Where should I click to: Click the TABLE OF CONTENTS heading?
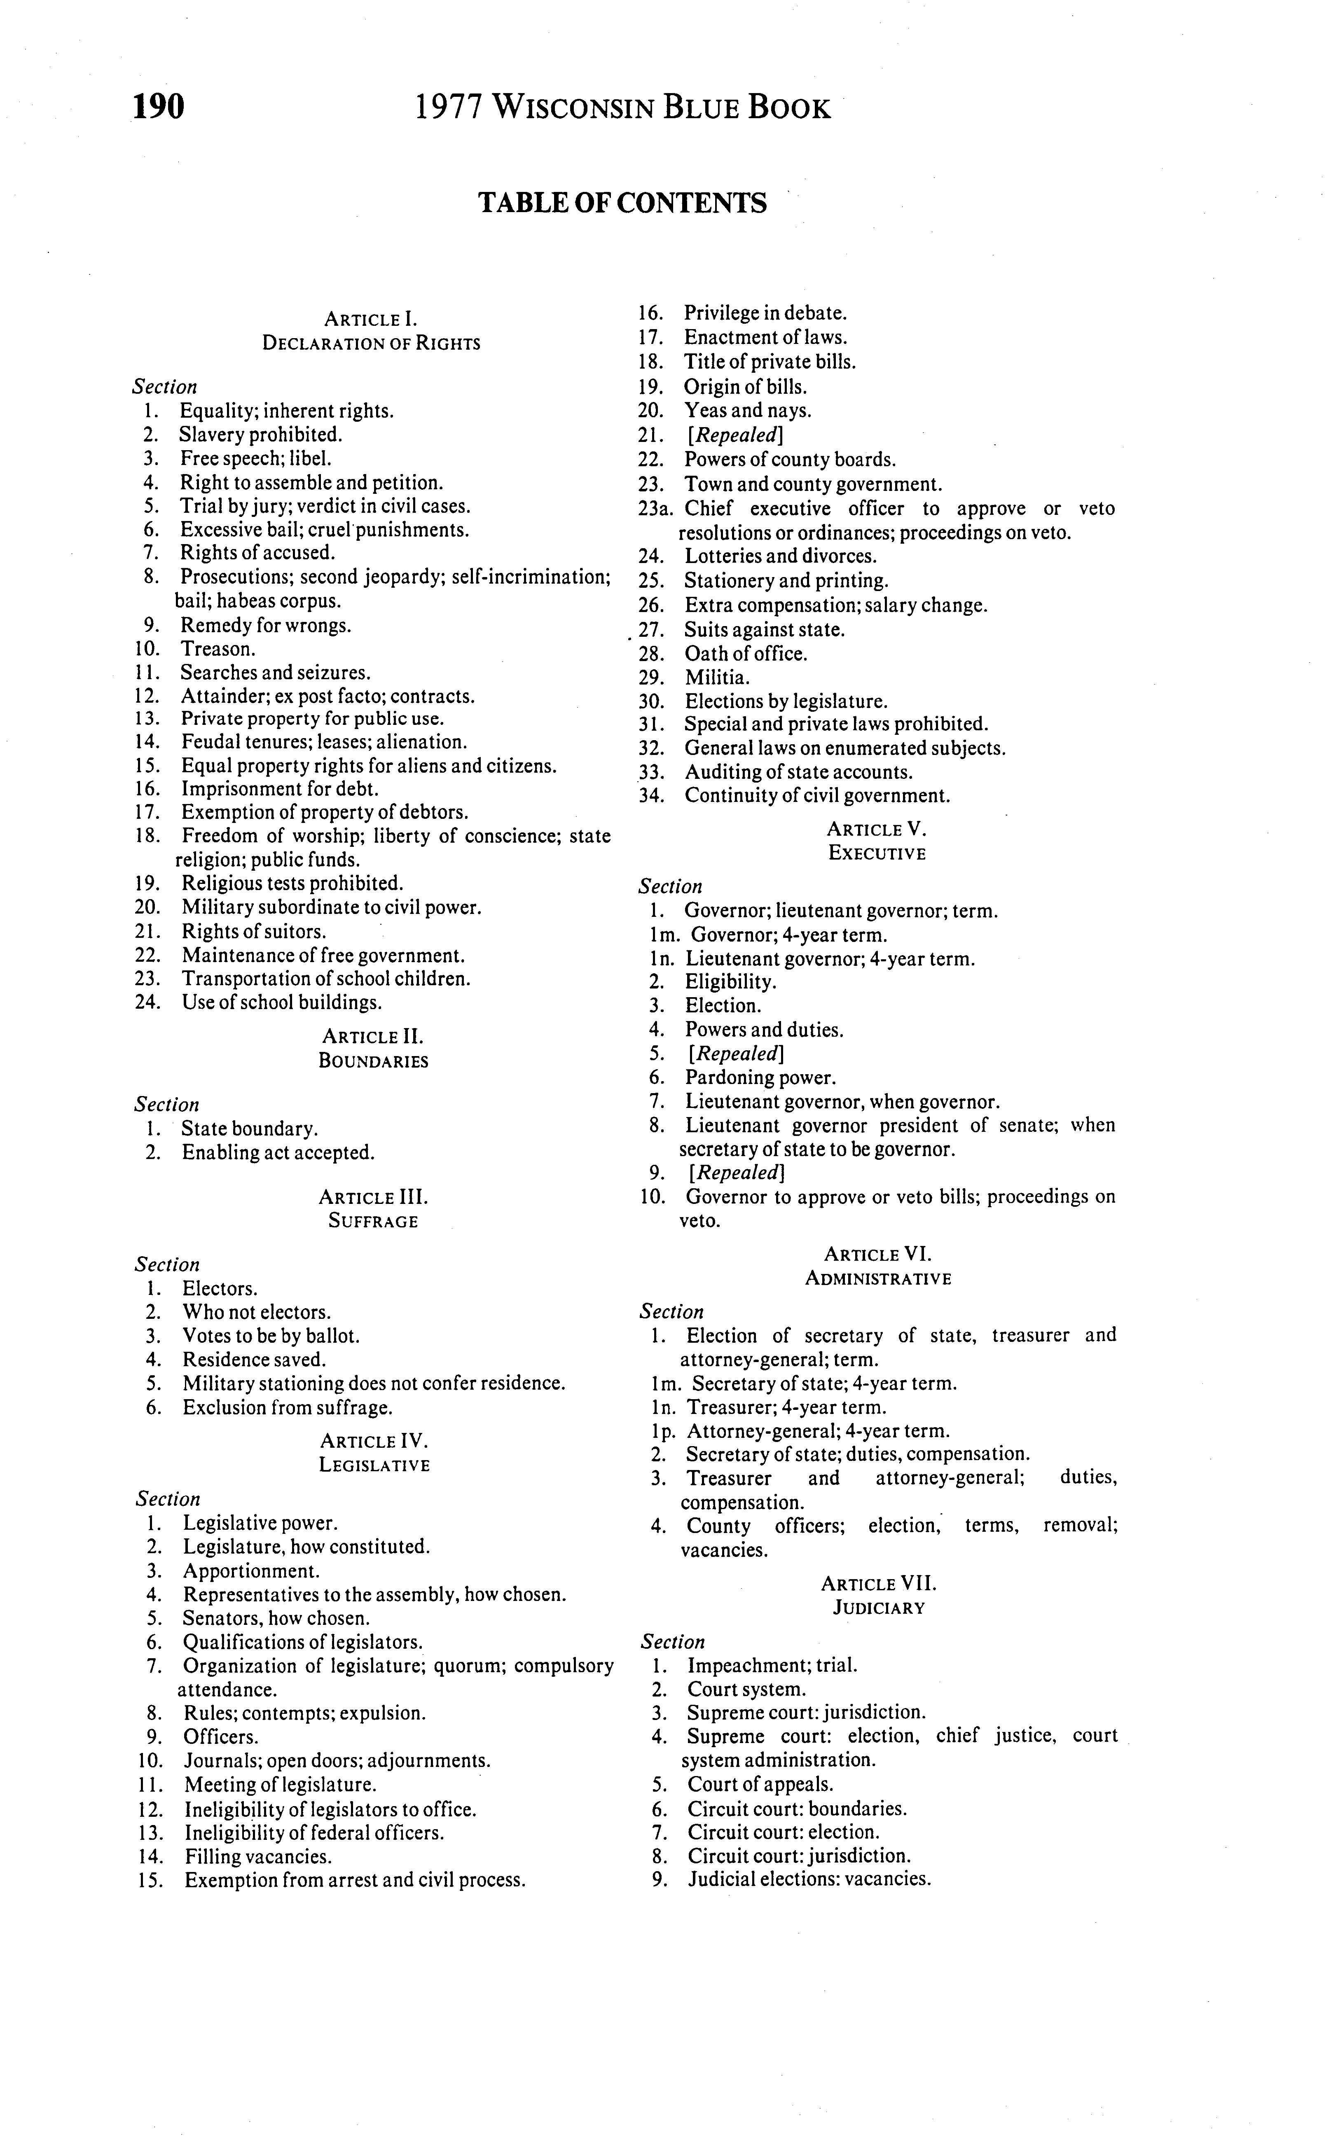[622, 203]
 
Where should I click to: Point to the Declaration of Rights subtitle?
[371, 343]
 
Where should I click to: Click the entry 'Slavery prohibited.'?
[260, 435]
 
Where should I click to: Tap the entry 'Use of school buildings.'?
[281, 1003]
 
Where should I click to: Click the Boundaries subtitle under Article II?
[374, 1061]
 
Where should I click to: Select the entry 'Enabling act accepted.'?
[278, 1153]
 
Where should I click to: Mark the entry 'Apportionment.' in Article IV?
[251, 1571]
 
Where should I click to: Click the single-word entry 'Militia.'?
[717, 678]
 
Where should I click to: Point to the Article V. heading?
[876, 830]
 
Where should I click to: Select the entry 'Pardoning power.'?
[759, 1077]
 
